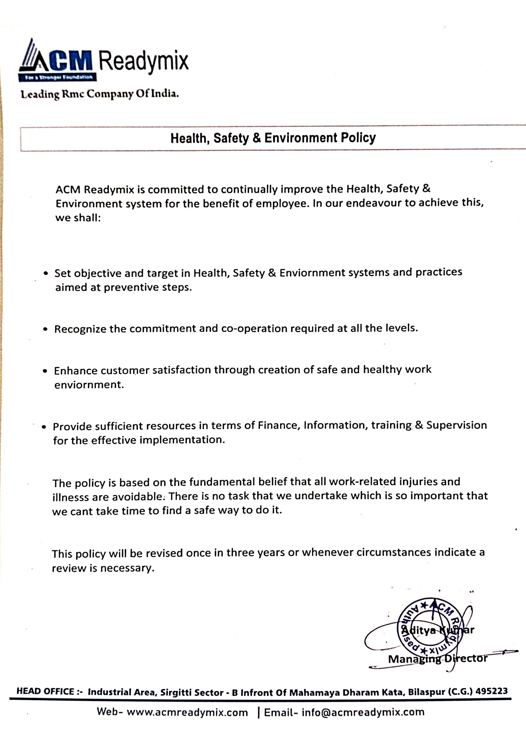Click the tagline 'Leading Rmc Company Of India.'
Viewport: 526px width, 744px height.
99,94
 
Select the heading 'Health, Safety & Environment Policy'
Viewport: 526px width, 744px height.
273,138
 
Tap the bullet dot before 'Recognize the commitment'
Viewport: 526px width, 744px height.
45,329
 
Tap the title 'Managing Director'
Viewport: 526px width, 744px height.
438,659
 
